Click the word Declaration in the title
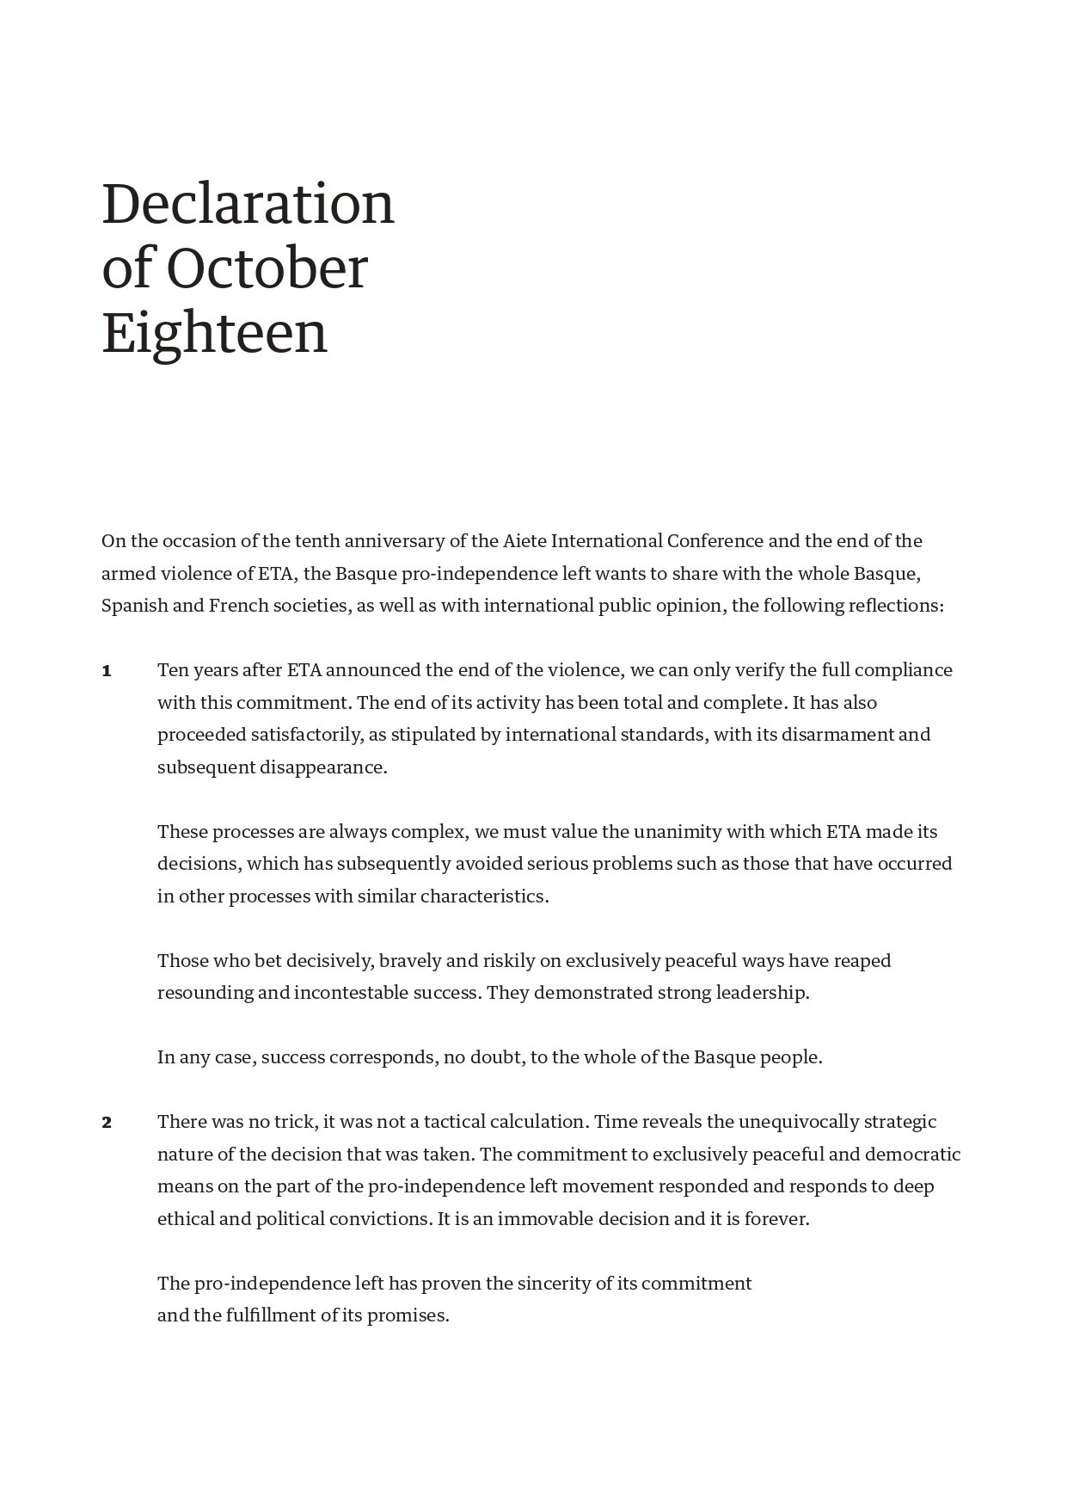coord(248,204)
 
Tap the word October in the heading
coord(267,268)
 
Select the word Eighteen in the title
coord(215,334)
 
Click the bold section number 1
coord(107,671)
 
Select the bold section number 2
coord(107,1123)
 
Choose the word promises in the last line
coord(408,1316)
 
